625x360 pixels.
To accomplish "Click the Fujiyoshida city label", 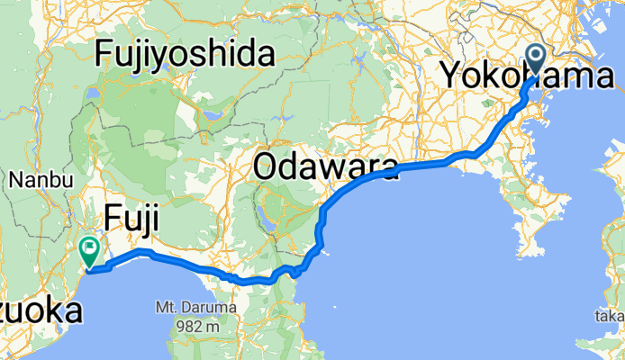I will [185, 55].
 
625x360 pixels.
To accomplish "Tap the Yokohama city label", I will [527, 76].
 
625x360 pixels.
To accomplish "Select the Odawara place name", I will [326, 166].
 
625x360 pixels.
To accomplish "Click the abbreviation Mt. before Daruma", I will [173, 308].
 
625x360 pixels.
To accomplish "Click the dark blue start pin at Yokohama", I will [535, 59].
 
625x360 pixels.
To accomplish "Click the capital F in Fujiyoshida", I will [104, 55].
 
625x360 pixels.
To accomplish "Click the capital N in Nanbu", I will [15, 180].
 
